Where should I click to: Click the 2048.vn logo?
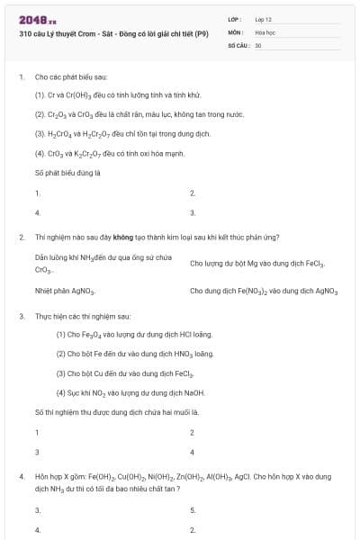(x=38, y=19)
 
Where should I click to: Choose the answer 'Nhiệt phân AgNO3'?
(x=65, y=292)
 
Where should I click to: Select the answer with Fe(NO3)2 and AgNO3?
(x=263, y=292)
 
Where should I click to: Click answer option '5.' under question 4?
(x=193, y=510)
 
